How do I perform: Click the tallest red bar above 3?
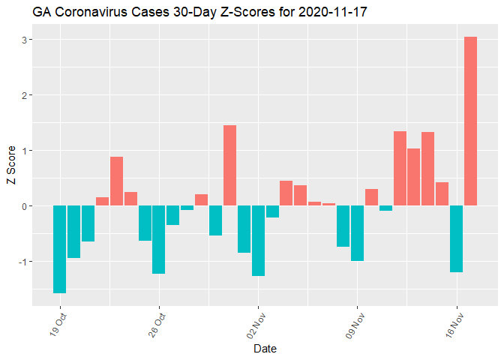click(x=470, y=121)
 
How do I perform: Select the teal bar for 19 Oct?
click(x=60, y=249)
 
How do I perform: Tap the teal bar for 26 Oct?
click(x=159, y=239)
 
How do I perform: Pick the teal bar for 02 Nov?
click(x=258, y=240)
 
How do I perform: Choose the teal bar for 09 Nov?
click(x=357, y=232)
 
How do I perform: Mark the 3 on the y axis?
click(x=25, y=40)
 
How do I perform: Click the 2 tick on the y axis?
click(x=25, y=95)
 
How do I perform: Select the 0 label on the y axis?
click(x=25, y=206)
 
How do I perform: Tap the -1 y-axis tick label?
click(x=23, y=262)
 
